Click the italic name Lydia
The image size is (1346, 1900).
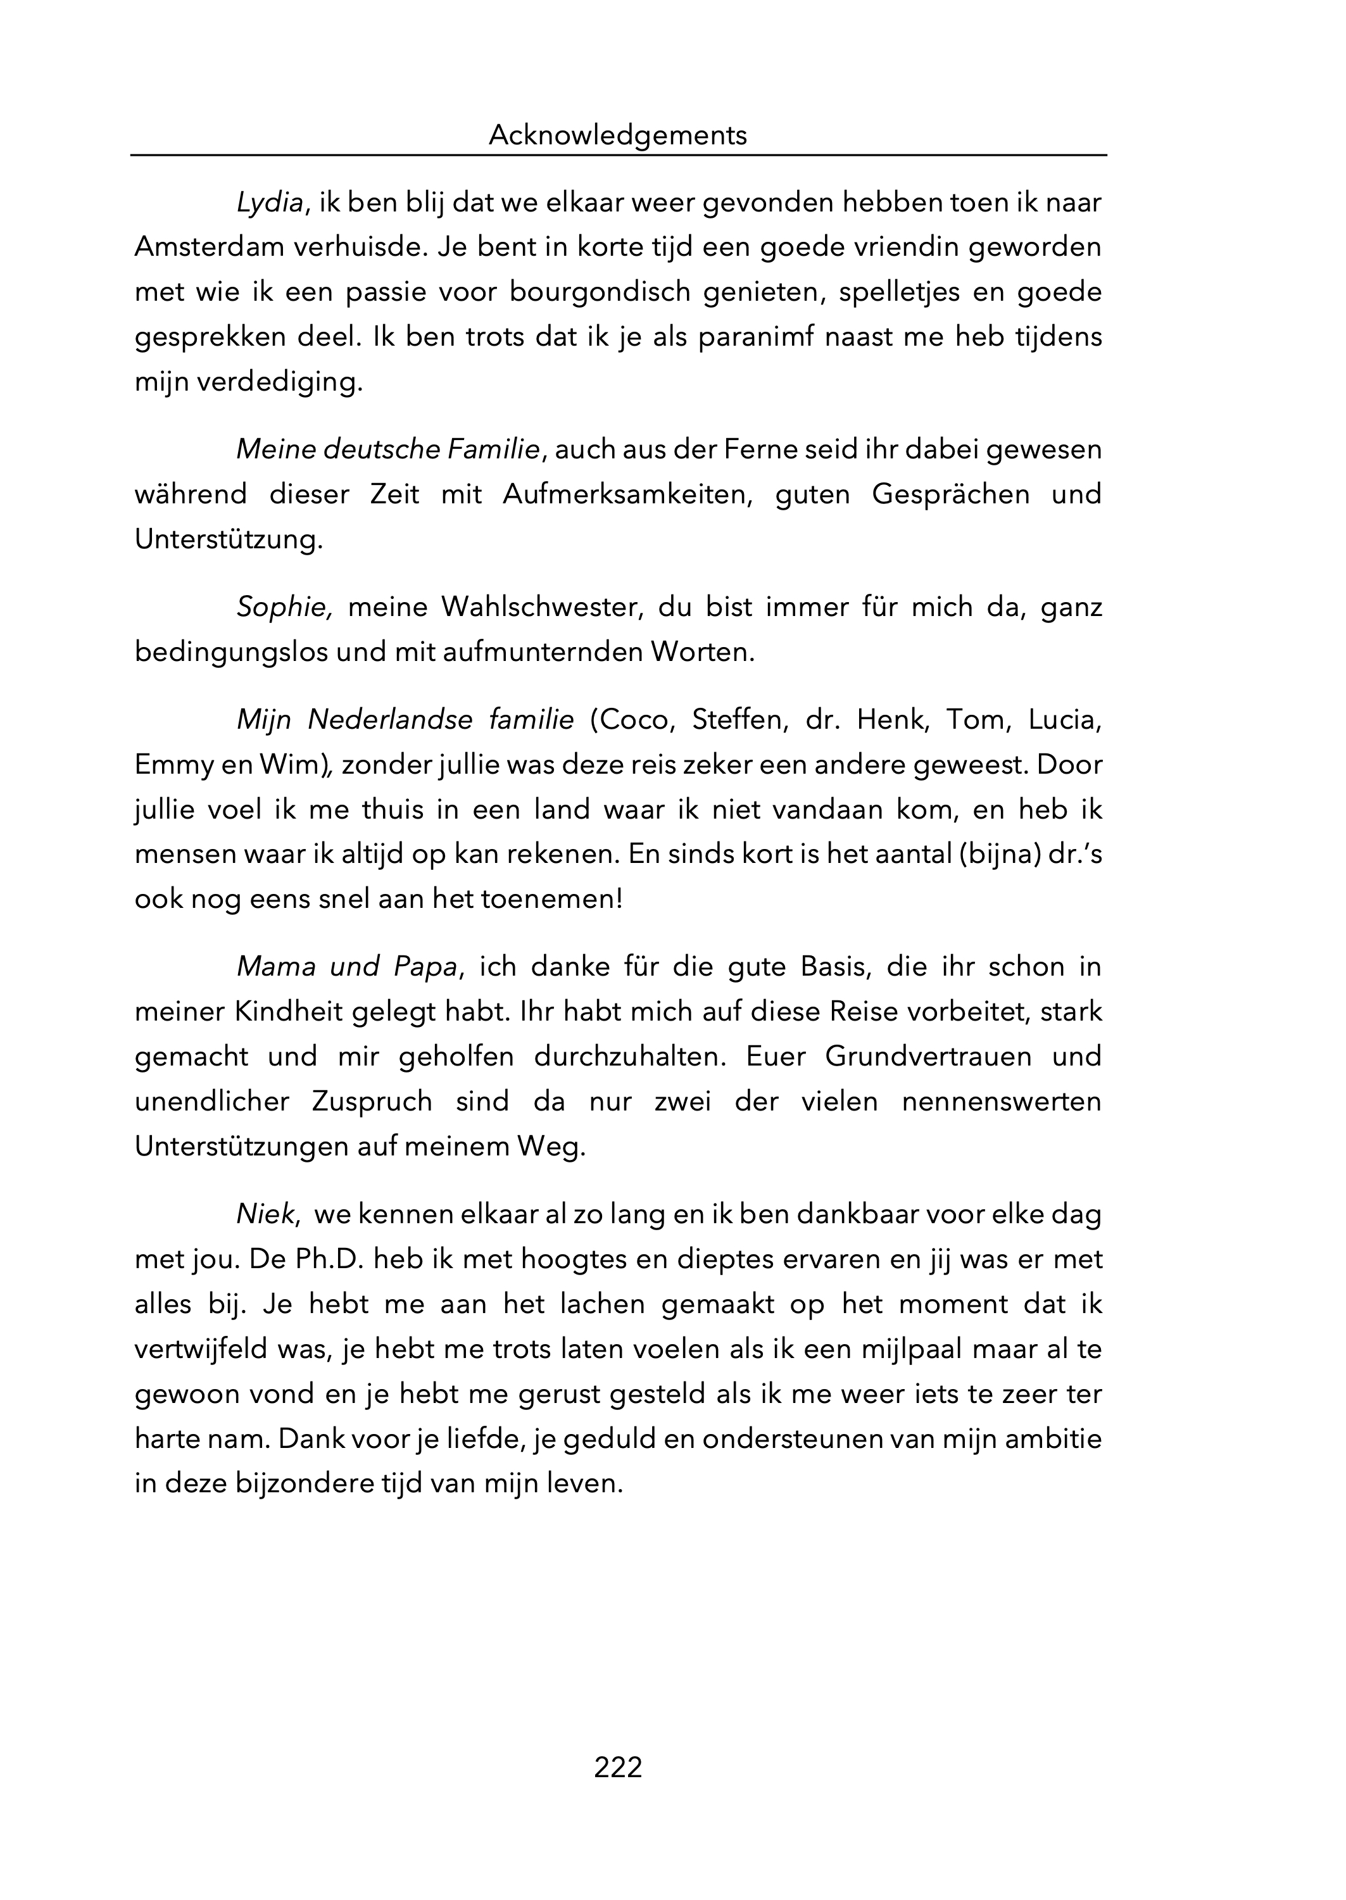pos(269,203)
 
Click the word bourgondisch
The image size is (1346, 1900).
pos(600,293)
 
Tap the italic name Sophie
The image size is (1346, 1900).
pos(282,607)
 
